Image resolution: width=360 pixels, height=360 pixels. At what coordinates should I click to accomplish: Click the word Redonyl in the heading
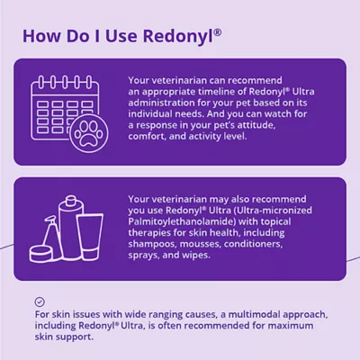178,37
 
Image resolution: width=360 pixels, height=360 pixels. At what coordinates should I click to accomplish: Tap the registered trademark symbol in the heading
218,32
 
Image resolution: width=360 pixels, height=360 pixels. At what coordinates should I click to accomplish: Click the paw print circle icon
88,133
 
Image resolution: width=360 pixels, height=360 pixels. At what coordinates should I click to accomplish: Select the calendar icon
65,108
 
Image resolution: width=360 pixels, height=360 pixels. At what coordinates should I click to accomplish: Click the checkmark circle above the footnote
40,301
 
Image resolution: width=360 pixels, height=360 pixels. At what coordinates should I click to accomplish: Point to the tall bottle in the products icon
70,227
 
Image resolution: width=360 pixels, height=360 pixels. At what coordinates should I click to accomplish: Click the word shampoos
152,244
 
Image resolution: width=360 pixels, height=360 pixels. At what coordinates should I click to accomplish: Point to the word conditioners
253,244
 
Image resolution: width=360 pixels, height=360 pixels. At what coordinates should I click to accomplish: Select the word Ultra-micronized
274,211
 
